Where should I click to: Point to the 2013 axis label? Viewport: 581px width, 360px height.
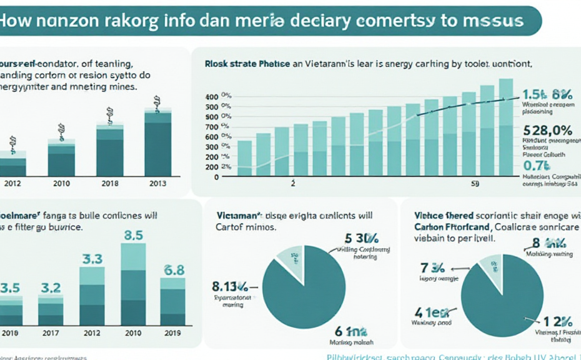pyautogui.click(x=158, y=182)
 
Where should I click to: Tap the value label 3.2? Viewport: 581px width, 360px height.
pyautogui.click(x=51, y=287)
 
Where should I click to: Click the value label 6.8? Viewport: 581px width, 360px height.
pyautogui.click(x=173, y=270)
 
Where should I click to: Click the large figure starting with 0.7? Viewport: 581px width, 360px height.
pyautogui.click(x=537, y=166)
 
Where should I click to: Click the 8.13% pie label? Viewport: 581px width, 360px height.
pyautogui.click(x=230, y=287)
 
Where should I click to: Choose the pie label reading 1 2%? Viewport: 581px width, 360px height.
pyautogui.click(x=558, y=322)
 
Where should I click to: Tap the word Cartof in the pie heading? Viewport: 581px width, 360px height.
pyautogui.click(x=232, y=227)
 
